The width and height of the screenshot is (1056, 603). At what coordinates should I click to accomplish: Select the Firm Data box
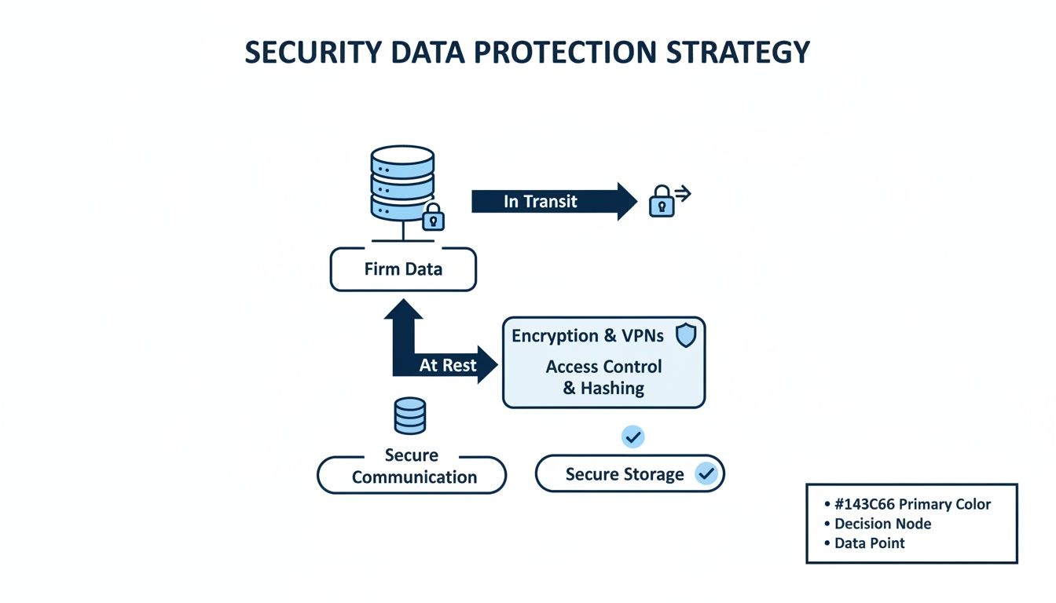pyautogui.click(x=403, y=269)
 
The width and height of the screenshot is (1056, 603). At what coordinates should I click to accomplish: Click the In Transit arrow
pyautogui.click(x=550, y=201)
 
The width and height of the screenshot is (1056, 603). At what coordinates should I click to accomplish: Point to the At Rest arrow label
pyautogui.click(x=448, y=366)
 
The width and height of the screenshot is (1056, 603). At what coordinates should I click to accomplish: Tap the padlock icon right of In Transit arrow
pyautogui.click(x=662, y=203)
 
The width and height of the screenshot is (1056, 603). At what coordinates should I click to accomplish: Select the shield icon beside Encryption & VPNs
pyautogui.click(x=686, y=335)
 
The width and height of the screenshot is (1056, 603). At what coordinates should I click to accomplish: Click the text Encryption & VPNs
pyautogui.click(x=588, y=336)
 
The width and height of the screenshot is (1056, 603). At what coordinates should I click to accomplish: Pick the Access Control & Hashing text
pyautogui.click(x=603, y=377)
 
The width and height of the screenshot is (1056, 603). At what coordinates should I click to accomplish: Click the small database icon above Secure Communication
pyautogui.click(x=409, y=415)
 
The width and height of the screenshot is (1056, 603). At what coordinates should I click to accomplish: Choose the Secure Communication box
pyautogui.click(x=412, y=474)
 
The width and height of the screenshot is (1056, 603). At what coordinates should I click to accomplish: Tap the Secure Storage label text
pyautogui.click(x=625, y=474)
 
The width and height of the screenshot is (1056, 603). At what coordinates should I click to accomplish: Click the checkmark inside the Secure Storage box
pyautogui.click(x=706, y=473)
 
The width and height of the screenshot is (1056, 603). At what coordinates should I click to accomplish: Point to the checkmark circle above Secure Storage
pyautogui.click(x=632, y=437)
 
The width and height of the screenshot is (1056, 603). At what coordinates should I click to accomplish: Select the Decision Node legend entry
pyautogui.click(x=882, y=524)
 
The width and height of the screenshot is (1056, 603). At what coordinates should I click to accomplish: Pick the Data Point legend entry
pyautogui.click(x=869, y=543)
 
